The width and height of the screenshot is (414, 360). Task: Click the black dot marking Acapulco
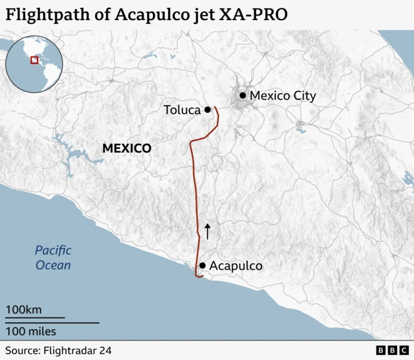pyautogui.click(x=202, y=265)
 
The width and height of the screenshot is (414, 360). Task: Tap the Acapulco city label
pyautogui.click(x=235, y=266)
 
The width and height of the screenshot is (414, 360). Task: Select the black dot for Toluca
pyautogui.click(x=208, y=110)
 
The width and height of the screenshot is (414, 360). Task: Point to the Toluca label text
pyautogui.click(x=182, y=110)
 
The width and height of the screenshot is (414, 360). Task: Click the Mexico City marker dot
pyautogui.click(x=243, y=96)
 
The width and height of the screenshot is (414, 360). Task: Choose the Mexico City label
pyautogui.click(x=283, y=96)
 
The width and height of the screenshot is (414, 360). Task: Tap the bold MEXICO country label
pyautogui.click(x=127, y=148)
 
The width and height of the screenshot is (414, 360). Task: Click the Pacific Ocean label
pyautogui.click(x=53, y=258)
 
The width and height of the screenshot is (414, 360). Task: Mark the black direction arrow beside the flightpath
pyautogui.click(x=208, y=231)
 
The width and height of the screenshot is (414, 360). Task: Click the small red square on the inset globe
pyautogui.click(x=34, y=60)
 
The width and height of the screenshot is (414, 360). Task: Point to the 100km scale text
pyautogui.click(x=24, y=309)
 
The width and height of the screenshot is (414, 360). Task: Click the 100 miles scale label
pyautogui.click(x=31, y=332)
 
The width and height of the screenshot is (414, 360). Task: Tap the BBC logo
pyautogui.click(x=389, y=350)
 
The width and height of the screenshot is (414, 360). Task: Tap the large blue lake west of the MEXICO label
pyautogui.click(x=76, y=155)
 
